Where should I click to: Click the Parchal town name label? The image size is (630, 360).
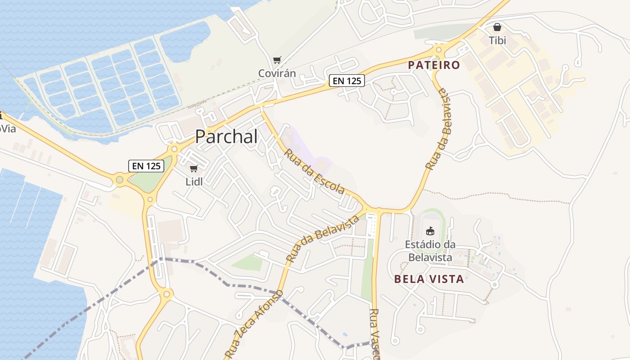[226, 137]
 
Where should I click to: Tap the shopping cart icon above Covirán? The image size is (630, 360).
[277, 60]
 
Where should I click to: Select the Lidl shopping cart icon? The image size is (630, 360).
[194, 168]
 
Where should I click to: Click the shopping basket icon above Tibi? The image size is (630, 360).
[497, 27]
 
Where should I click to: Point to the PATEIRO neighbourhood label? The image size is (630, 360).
[434, 65]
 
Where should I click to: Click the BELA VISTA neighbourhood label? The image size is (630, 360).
[429, 279]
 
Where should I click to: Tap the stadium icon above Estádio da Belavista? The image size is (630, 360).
[430, 231]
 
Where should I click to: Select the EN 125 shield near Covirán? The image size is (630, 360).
[346, 81]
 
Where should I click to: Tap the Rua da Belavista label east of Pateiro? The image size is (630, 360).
[438, 129]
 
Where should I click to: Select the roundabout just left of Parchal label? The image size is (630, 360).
[174, 148]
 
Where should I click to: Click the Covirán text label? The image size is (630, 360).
[277, 73]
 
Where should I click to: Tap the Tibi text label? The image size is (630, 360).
[497, 40]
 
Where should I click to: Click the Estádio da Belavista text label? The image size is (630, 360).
[430, 251]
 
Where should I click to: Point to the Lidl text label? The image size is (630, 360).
[194, 182]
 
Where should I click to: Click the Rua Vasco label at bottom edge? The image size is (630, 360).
[374, 333]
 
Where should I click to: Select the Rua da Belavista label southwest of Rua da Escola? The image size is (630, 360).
[323, 238]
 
